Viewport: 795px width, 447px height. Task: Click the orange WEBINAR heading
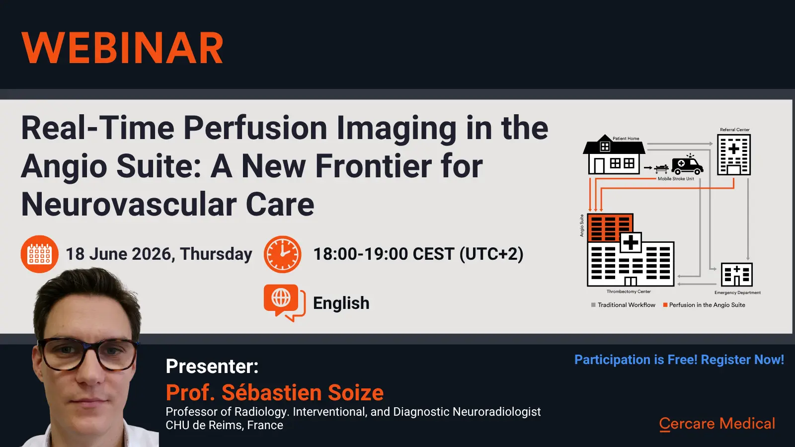[122, 48]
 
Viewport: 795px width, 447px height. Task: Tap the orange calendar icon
[39, 254]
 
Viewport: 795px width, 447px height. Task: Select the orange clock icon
[283, 254]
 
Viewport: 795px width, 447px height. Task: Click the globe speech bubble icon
[284, 302]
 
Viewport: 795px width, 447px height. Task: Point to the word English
[341, 303]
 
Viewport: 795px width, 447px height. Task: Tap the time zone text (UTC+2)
[491, 254]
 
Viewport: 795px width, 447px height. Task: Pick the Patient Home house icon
[614, 154]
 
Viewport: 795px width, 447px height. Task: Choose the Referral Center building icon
[734, 154]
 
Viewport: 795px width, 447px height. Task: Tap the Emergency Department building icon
[737, 275]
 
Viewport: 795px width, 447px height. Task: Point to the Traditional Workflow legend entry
[623, 305]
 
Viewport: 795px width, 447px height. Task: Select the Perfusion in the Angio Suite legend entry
[704, 305]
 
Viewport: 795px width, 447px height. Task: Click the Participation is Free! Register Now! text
[679, 360]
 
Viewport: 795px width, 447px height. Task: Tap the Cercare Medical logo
[717, 424]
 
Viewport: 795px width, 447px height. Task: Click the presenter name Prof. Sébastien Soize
[275, 392]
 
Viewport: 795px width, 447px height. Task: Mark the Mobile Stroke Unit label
[676, 179]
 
